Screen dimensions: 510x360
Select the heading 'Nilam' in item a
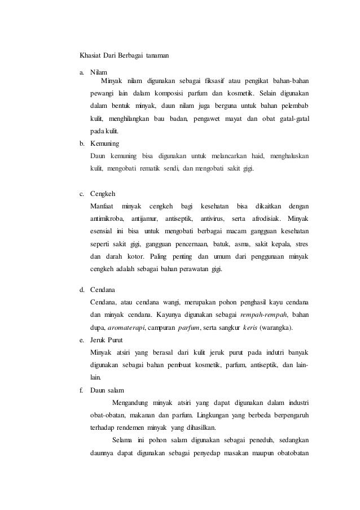(99, 73)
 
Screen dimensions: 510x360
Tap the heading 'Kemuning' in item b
(105, 143)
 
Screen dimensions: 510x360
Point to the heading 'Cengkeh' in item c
(103, 194)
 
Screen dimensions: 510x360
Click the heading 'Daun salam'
(107, 390)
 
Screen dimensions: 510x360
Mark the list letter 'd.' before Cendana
(82, 290)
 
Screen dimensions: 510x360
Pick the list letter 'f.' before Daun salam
(81, 390)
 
